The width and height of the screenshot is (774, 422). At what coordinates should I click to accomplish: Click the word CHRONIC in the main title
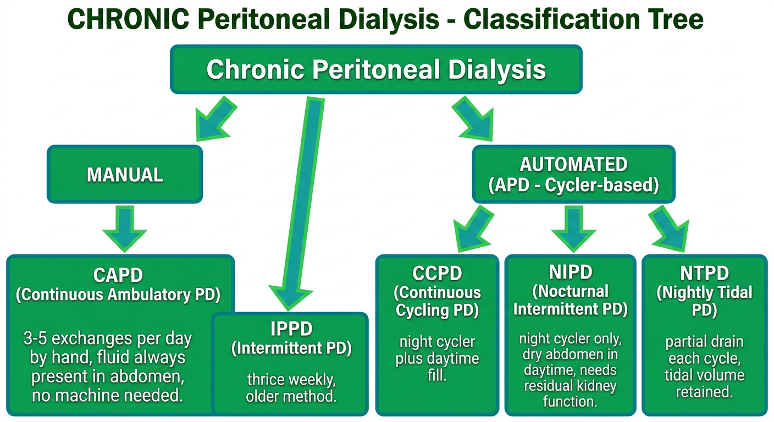[x=128, y=19]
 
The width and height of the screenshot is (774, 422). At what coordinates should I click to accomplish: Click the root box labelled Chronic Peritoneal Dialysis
[x=376, y=69]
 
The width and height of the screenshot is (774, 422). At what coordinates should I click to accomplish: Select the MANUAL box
[x=125, y=174]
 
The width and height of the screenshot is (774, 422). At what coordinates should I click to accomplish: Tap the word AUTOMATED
[x=573, y=164]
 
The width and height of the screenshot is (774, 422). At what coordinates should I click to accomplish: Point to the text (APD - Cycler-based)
[x=573, y=185]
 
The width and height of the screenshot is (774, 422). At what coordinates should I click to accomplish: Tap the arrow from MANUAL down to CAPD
[x=125, y=229]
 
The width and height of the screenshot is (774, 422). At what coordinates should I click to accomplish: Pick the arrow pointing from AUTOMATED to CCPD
[x=472, y=229]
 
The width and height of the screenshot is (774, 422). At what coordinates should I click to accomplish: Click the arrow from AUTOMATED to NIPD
[x=573, y=229]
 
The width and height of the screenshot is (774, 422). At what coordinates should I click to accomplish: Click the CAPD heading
[x=118, y=275]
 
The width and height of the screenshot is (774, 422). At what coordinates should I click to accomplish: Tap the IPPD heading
[x=291, y=329]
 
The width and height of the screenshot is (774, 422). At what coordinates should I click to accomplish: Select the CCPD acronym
[x=437, y=274]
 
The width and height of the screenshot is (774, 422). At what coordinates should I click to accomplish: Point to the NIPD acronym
[x=571, y=272]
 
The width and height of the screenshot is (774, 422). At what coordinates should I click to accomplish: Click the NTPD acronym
[x=705, y=274]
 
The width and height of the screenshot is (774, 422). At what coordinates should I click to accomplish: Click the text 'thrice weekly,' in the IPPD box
[x=291, y=380]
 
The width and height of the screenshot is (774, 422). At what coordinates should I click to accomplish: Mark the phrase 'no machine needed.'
[x=107, y=396]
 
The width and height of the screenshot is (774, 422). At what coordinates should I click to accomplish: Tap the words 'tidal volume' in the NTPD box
[x=705, y=375]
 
